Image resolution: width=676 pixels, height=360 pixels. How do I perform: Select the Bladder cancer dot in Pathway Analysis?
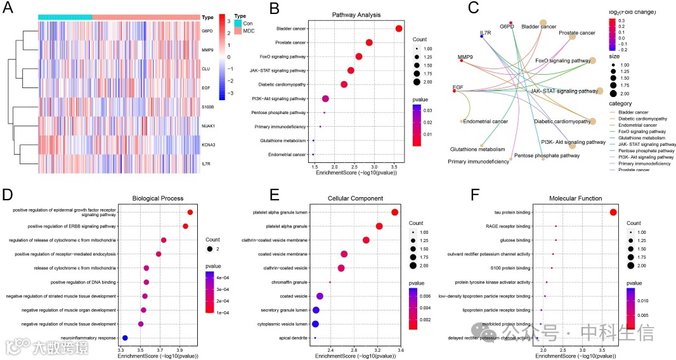399,29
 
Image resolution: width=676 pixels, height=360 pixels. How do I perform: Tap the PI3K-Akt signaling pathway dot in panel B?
325,98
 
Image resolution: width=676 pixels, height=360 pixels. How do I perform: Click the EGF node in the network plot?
454,91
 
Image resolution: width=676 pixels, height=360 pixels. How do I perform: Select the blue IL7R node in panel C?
482,36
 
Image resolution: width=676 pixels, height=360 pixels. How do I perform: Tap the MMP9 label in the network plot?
467,57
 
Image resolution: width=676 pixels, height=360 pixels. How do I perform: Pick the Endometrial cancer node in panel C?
462,120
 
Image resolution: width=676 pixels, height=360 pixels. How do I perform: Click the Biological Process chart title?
158,198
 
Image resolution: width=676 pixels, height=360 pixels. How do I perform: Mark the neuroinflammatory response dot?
125,338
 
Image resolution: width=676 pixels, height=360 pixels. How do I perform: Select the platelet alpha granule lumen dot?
394,212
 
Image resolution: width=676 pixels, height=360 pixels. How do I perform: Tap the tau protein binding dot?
613,212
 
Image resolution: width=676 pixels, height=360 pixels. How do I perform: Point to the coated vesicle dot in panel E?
320,296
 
